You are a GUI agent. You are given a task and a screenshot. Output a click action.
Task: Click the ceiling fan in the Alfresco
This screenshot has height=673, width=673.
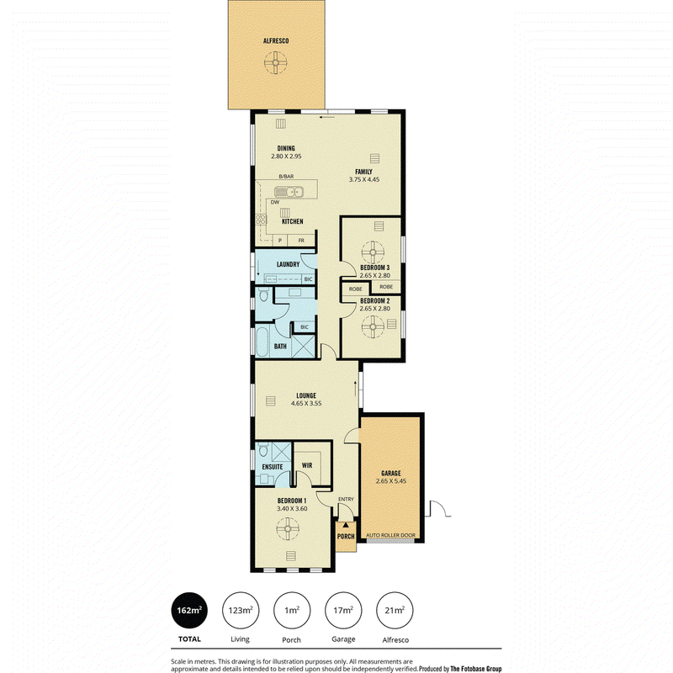276,62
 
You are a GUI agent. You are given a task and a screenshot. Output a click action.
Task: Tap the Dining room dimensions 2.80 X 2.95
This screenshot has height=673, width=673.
286,156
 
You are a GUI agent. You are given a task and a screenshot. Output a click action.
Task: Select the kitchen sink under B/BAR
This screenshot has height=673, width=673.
289,192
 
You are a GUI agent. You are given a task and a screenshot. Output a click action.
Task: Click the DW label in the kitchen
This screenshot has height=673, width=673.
275,202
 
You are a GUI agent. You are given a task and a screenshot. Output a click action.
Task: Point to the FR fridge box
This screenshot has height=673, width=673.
301,241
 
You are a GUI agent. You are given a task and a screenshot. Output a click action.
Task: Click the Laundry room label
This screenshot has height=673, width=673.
288,264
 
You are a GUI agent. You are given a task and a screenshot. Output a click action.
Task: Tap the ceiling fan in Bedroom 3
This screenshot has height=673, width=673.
373,252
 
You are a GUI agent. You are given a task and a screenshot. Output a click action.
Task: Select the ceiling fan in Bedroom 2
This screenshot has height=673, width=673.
373,327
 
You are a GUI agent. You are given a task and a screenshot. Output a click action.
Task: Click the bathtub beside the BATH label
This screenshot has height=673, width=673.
262,342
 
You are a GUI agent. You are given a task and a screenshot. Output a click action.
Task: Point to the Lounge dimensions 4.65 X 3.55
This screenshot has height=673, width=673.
306,404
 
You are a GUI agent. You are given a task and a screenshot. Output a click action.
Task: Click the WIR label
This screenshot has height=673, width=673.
307,465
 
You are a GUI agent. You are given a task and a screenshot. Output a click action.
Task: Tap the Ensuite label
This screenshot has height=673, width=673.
273,467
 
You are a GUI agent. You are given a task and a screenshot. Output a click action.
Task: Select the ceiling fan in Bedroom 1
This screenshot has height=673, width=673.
288,529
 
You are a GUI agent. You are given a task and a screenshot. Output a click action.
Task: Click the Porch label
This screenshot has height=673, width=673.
346,537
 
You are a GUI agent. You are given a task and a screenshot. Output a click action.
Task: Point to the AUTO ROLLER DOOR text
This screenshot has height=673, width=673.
390,535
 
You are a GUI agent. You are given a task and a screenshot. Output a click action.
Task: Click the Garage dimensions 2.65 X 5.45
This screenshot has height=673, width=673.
391,481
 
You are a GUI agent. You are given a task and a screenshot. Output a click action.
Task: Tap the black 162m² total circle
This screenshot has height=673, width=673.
189,611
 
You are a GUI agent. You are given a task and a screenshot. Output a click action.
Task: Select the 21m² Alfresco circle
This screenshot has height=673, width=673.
395,611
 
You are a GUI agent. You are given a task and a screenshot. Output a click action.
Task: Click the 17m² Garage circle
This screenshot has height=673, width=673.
343,611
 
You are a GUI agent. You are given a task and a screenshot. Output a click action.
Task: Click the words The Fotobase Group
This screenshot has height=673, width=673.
475,669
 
